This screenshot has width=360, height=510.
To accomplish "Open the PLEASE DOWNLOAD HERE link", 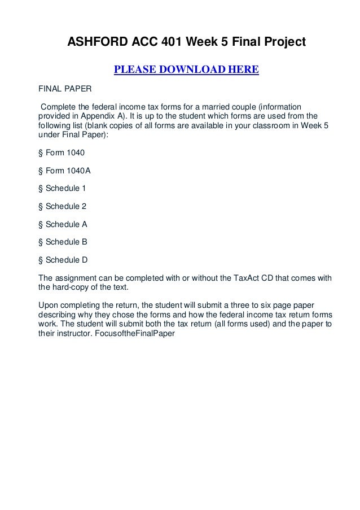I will pos(186,70).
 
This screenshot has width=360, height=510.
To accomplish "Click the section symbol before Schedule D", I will pos(40,260).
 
